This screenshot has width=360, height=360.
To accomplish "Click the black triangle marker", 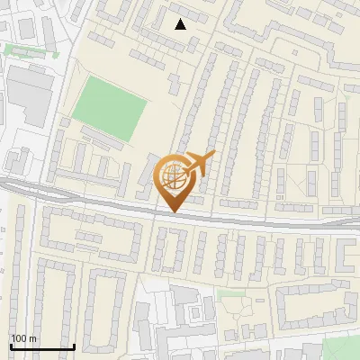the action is [x=181, y=24].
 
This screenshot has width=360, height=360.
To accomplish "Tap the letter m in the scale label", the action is [x=32, y=337].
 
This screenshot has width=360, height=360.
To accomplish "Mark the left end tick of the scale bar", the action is [x=10, y=346].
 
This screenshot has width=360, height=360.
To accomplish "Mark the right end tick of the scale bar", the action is [x=73, y=346].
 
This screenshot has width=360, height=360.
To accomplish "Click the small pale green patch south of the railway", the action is [x=232, y=293].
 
